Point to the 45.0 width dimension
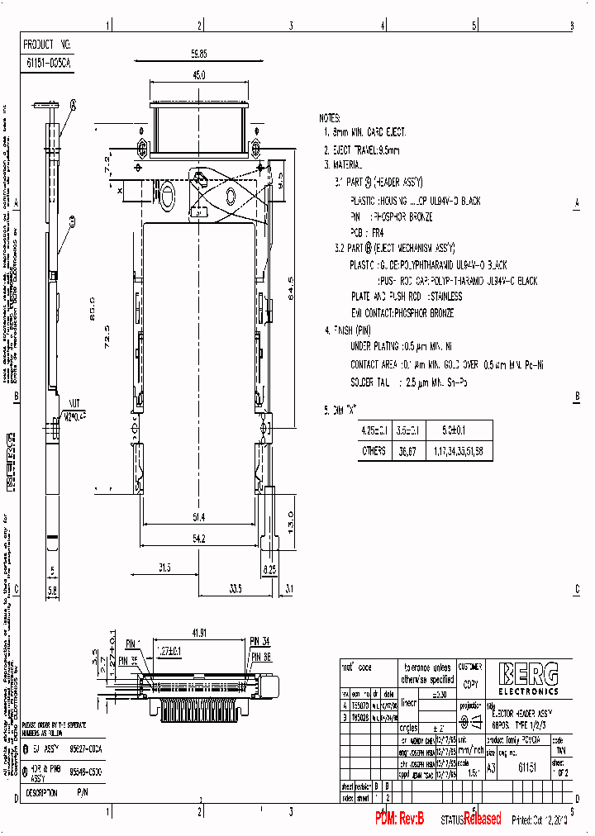pos(198,75)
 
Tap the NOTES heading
pos(330,119)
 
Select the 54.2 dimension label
pos(198,539)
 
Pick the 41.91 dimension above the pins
pos(198,633)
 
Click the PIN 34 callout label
pos(260,641)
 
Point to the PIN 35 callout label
pos(128,660)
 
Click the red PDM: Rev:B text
pos(399,819)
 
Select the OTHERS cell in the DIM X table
pos(374,451)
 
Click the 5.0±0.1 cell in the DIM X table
pos(454,430)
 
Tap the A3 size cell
pos(492,767)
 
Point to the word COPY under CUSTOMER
pos(470,685)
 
